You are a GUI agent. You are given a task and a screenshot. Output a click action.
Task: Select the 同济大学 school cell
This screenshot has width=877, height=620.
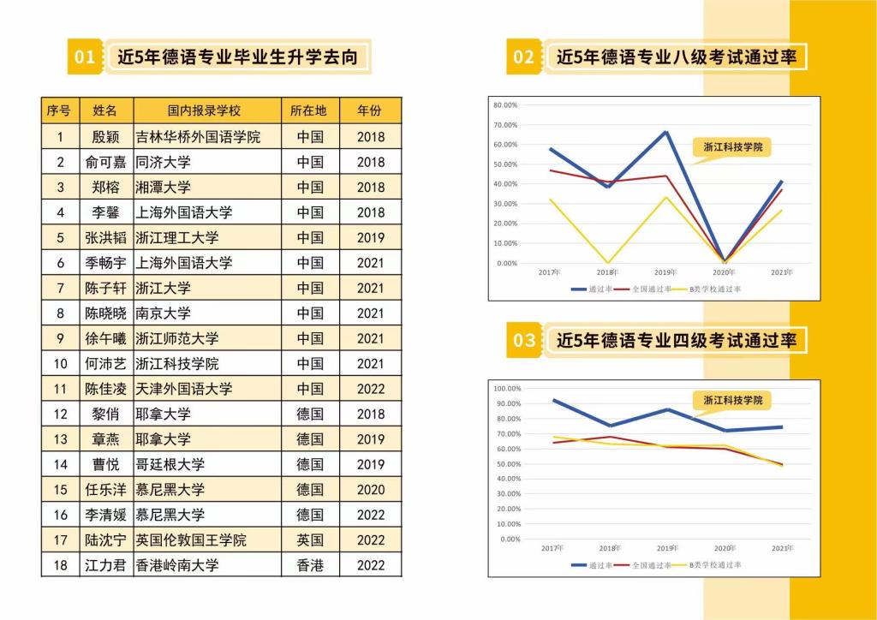tap(164, 162)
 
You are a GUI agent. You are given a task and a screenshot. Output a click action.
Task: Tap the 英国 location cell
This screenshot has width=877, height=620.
tap(310, 540)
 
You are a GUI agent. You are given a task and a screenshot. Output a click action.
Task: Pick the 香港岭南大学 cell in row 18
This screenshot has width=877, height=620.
tap(177, 565)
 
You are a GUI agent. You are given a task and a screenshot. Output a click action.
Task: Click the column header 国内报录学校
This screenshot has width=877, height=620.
tap(205, 110)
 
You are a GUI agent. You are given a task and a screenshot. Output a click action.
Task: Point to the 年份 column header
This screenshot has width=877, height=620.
tap(369, 110)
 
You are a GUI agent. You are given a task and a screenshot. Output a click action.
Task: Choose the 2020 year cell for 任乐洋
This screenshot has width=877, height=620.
tap(370, 490)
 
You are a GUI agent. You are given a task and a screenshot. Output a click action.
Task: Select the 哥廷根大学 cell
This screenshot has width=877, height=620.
tap(170, 464)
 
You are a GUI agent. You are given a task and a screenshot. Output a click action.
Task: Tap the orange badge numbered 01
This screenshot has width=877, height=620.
tap(85, 57)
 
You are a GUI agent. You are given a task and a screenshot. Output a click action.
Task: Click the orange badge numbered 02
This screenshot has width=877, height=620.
tap(523, 57)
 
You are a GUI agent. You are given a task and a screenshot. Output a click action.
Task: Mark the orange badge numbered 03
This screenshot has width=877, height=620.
tap(523, 341)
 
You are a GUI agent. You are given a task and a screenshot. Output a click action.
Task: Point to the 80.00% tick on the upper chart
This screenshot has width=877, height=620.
tap(505, 105)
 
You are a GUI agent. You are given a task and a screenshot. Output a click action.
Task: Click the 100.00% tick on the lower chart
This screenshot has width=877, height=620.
tap(508, 389)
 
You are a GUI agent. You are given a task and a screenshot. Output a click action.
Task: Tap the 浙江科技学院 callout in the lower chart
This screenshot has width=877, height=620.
tap(732, 400)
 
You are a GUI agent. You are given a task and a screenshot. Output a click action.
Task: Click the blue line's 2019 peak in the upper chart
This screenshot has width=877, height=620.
tap(666, 132)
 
